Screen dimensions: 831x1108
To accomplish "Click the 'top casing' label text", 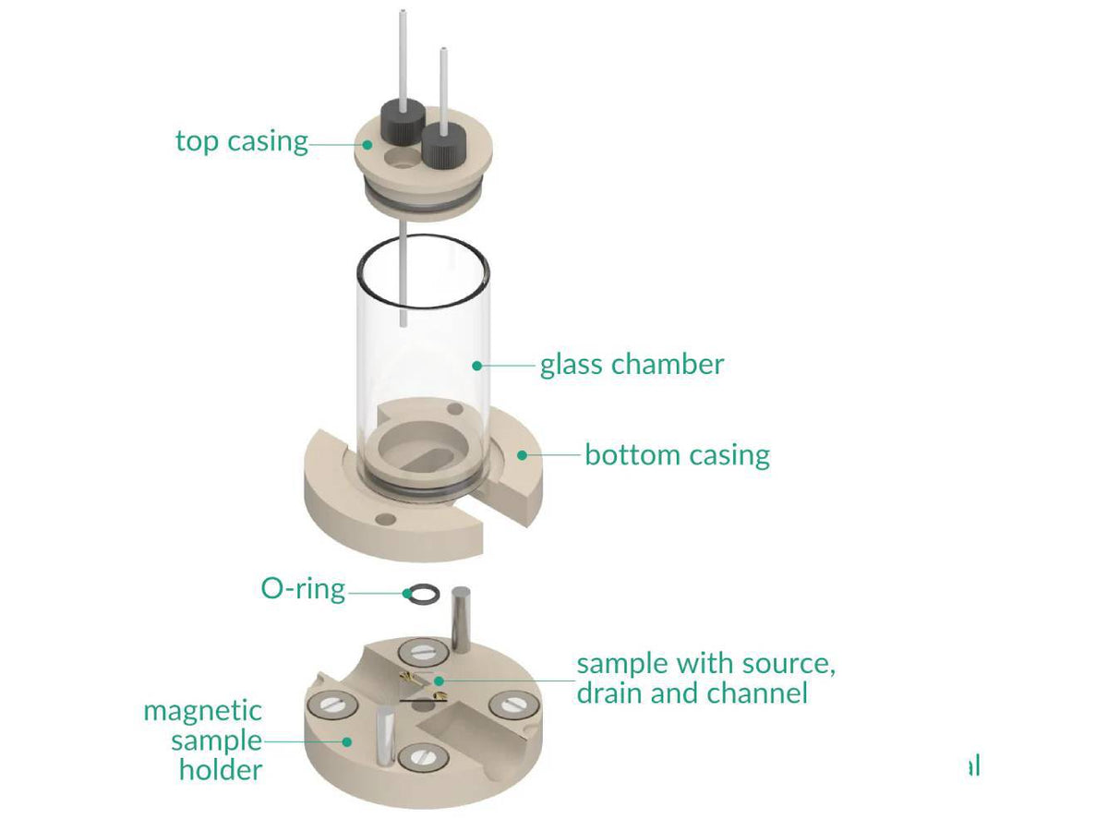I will pyautogui.click(x=241, y=141).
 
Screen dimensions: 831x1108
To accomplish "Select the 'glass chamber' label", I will pyautogui.click(x=632, y=364).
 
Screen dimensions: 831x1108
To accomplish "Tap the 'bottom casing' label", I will pyautogui.click(x=677, y=455).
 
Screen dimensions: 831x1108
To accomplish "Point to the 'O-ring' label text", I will pyautogui.click(x=303, y=589).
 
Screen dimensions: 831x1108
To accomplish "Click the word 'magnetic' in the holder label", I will pyautogui.click(x=202, y=711).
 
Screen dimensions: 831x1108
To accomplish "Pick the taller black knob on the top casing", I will pyautogui.click(x=402, y=121).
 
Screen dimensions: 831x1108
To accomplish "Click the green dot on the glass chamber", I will pyautogui.click(x=477, y=366).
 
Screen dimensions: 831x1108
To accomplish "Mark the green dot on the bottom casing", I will pyautogui.click(x=523, y=454).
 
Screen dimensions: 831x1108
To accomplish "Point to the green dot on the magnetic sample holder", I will pyautogui.click(x=347, y=741).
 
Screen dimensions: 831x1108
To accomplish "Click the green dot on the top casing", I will pyautogui.click(x=368, y=144).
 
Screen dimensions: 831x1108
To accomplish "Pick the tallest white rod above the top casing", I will pyautogui.click(x=403, y=55).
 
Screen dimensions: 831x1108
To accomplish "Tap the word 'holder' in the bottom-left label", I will pyautogui.click(x=220, y=769).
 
